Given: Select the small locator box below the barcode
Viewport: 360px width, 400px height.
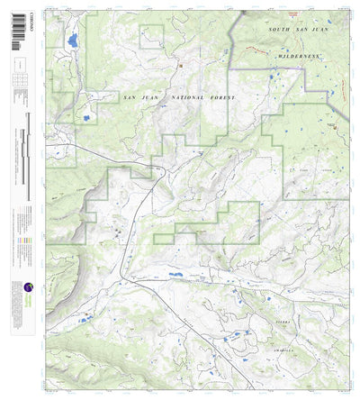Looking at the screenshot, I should pos(18,65).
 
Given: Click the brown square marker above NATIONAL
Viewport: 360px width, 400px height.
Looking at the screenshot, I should pos(179,64).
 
